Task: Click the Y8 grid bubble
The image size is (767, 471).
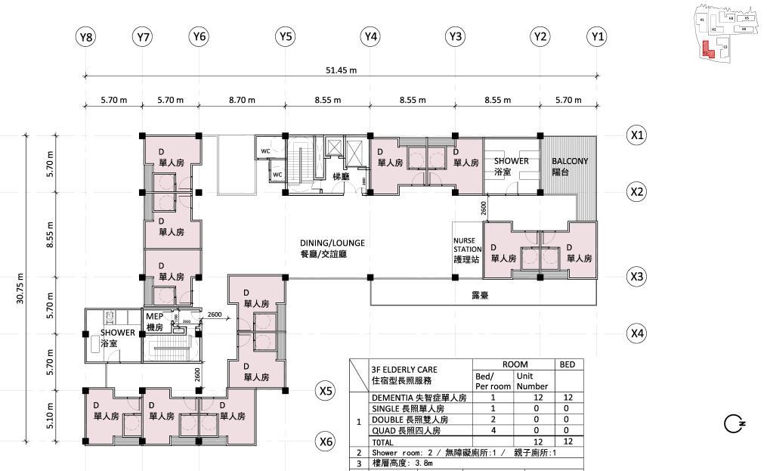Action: pyautogui.click(x=86, y=36)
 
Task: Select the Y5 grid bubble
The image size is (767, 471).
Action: pyautogui.click(x=285, y=36)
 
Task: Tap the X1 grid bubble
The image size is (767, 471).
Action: pyautogui.click(x=637, y=135)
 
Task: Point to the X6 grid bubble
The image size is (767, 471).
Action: pyautogui.click(x=326, y=441)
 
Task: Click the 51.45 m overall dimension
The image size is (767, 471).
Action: pyautogui.click(x=341, y=70)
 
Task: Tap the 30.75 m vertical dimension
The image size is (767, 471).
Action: pyautogui.click(x=20, y=287)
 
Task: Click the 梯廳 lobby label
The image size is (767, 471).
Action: pyautogui.click(x=340, y=176)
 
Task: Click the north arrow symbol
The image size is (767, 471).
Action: pyautogui.click(x=734, y=423)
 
